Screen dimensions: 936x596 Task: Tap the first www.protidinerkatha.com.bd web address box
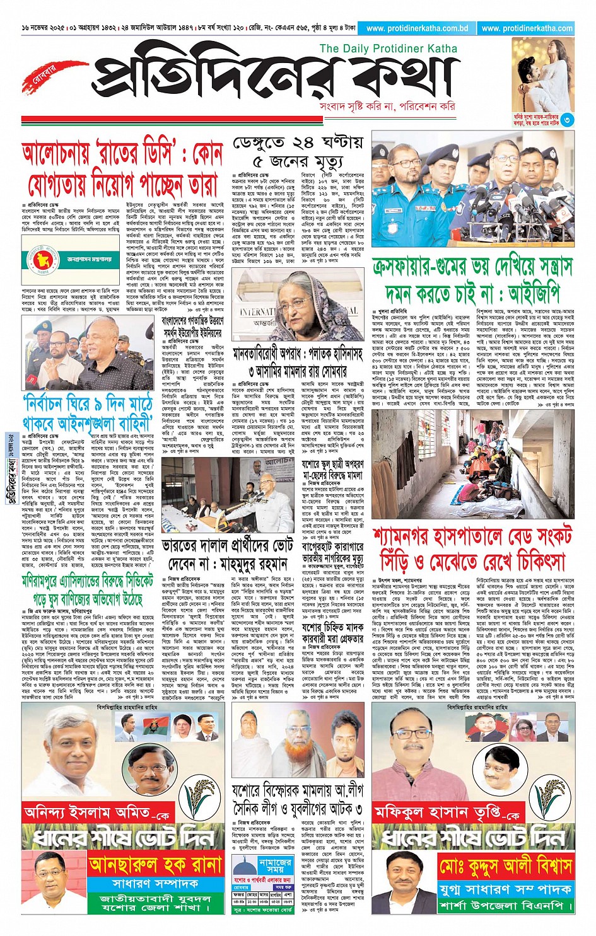pos(417,28)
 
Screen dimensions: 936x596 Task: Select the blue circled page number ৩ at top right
pos(567,119)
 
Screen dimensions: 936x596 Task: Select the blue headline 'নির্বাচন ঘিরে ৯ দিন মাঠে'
pos(88,412)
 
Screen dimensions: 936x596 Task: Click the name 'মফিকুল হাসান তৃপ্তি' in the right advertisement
pos(445,813)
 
